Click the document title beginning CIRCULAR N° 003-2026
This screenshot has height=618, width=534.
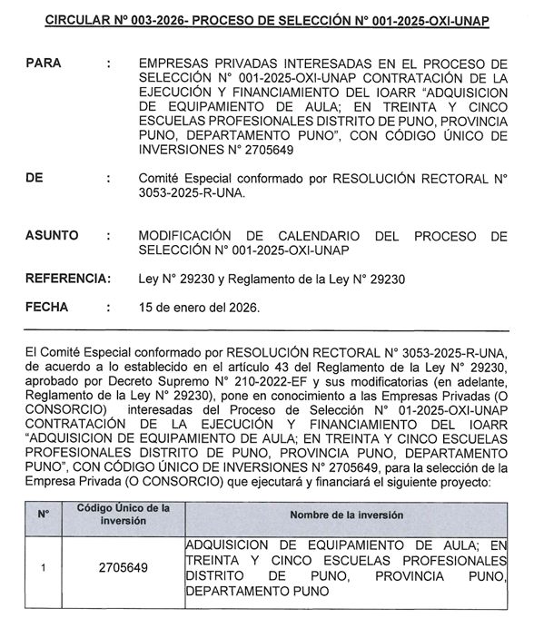tap(266, 20)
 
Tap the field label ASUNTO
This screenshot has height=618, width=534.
tap(52, 235)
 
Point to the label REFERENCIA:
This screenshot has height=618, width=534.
tap(68, 279)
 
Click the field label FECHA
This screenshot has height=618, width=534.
tap(47, 307)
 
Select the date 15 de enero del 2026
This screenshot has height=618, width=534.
tap(199, 308)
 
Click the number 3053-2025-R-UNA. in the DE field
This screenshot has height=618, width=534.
tap(192, 193)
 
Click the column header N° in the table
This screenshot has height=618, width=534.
tap(43, 515)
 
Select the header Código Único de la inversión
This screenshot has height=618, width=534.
tap(124, 515)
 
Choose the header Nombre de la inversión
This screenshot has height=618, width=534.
tap(346, 515)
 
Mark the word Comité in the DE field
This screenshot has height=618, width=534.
tap(160, 179)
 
